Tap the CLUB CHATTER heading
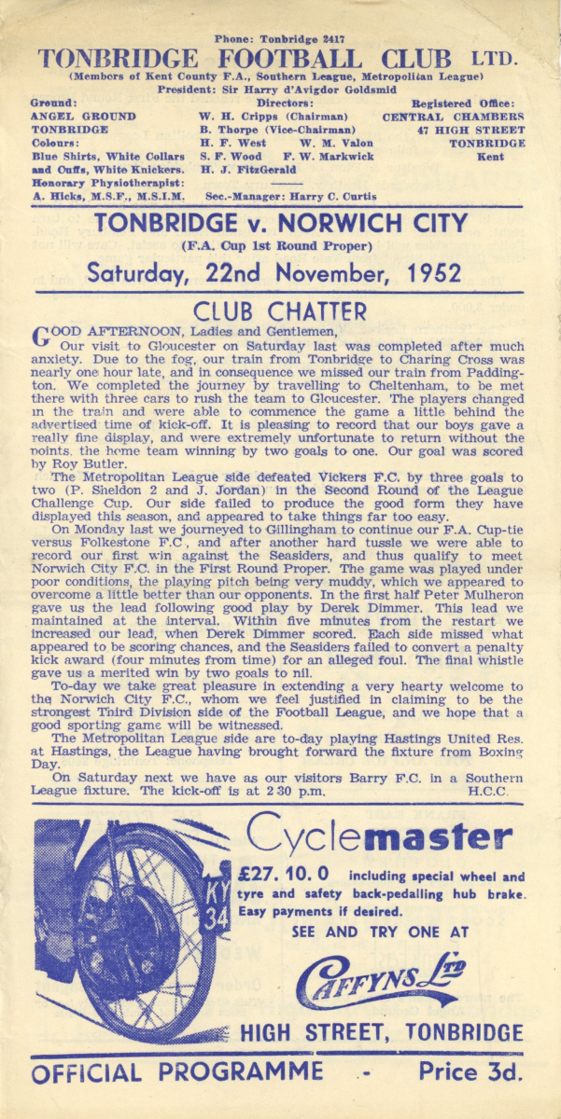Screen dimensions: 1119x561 279,311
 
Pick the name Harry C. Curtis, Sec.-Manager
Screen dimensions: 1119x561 344,197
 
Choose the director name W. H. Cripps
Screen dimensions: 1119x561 230,117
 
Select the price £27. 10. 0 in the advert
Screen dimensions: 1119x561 288,876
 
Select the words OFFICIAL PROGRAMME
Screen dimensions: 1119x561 177,1072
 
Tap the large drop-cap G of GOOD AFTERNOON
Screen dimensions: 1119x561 41,337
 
